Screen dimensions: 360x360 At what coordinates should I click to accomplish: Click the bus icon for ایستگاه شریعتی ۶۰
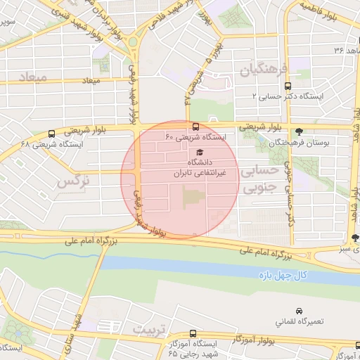(195, 127)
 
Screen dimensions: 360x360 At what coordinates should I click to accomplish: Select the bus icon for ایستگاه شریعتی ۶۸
(51, 134)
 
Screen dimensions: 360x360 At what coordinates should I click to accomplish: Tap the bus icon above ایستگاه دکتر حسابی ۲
(287, 86)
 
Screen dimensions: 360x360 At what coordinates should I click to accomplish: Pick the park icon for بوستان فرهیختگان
(300, 131)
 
